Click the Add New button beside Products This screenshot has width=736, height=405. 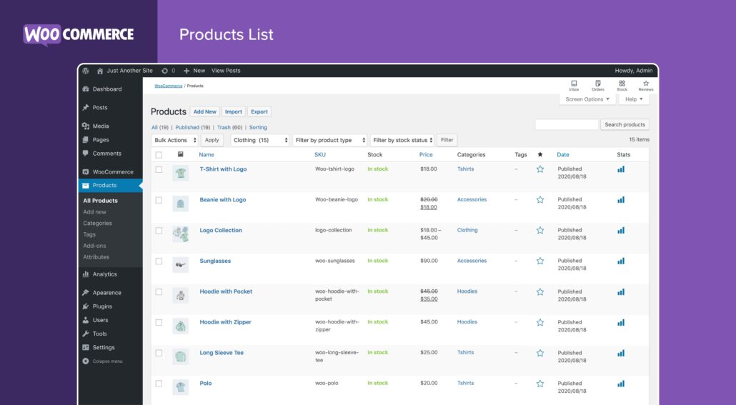[204, 112]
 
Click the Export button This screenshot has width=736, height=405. [259, 112]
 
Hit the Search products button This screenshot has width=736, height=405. [625, 125]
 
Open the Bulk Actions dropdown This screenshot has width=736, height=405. [175, 140]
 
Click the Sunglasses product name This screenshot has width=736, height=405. [215, 261]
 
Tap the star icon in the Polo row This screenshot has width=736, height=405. [540, 384]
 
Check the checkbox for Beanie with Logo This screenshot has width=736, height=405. [159, 200]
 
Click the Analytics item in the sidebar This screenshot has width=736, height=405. [104, 274]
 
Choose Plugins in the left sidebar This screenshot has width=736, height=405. [102, 306]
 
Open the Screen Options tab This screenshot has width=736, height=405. [587, 99]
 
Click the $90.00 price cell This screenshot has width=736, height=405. [429, 261]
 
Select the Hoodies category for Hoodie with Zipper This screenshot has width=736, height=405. [467, 322]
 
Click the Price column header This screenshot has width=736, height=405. [426, 155]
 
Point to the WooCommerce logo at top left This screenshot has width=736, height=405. [79, 34]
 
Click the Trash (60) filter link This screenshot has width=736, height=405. [229, 128]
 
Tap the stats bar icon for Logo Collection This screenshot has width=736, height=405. [621, 231]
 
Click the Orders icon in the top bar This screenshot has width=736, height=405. [598, 85]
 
